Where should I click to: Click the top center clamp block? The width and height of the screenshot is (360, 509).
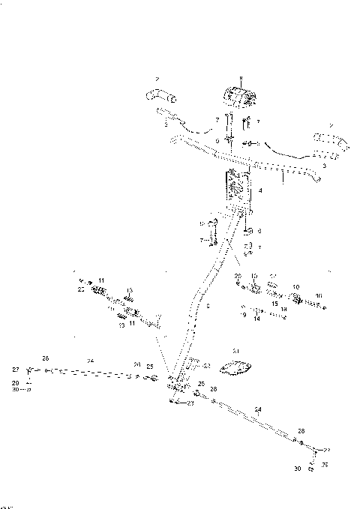(239, 99)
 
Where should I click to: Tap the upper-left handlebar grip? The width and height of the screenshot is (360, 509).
(159, 95)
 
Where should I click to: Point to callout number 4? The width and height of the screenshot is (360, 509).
(259, 191)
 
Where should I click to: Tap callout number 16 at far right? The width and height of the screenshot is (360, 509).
(318, 295)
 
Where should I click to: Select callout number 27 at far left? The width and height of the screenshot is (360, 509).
(14, 370)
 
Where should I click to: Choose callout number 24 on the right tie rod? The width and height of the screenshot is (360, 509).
(258, 409)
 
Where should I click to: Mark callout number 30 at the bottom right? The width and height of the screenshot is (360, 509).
(298, 469)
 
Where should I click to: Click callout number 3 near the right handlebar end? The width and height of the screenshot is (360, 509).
(323, 166)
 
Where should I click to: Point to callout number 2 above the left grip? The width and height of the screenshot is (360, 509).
(157, 78)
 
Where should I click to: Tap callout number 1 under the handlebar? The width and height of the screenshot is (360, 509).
(283, 180)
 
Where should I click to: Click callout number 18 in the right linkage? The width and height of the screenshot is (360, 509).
(284, 309)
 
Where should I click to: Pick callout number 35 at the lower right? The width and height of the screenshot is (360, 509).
(324, 464)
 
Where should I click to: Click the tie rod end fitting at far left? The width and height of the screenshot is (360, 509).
(29, 370)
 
